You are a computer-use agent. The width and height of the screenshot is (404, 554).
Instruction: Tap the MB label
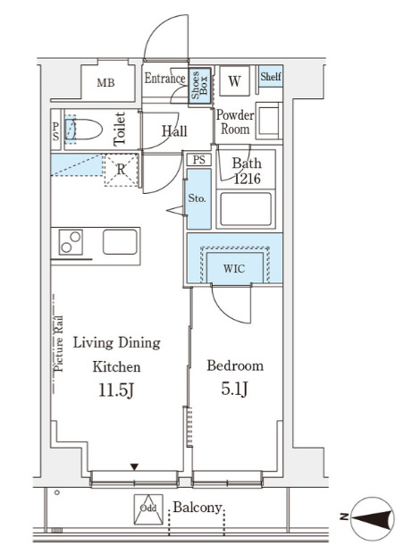click(x=106, y=83)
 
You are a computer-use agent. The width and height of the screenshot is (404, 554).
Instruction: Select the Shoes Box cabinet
click(x=199, y=86)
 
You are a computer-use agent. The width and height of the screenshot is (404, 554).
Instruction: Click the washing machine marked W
click(x=234, y=81)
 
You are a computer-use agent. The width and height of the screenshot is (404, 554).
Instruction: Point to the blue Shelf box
click(x=271, y=76)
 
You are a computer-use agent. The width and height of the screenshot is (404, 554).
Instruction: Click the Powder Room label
click(x=235, y=122)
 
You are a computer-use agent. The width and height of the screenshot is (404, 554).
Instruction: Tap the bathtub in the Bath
click(x=246, y=209)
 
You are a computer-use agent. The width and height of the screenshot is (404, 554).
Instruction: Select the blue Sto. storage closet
click(x=198, y=198)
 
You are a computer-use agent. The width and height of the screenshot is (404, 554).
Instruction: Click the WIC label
click(x=234, y=269)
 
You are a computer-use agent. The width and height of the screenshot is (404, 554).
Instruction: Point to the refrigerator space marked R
click(x=121, y=170)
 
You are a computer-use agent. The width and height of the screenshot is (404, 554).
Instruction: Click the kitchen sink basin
click(x=120, y=242)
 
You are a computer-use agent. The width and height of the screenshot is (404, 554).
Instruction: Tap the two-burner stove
click(x=71, y=242)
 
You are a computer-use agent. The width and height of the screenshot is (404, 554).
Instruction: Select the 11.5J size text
click(x=116, y=390)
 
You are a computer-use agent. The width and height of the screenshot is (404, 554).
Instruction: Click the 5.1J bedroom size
click(x=235, y=389)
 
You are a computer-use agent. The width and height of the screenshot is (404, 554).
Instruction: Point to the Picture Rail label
click(x=59, y=343)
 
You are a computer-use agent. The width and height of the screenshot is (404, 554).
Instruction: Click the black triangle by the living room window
click(x=134, y=467)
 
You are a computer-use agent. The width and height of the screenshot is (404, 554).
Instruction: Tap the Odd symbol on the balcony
click(x=148, y=508)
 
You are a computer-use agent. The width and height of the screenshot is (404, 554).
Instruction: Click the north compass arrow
click(x=373, y=519)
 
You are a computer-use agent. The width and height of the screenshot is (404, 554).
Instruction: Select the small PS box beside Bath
click(x=199, y=160)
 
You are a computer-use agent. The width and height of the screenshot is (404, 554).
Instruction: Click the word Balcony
click(x=198, y=508)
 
